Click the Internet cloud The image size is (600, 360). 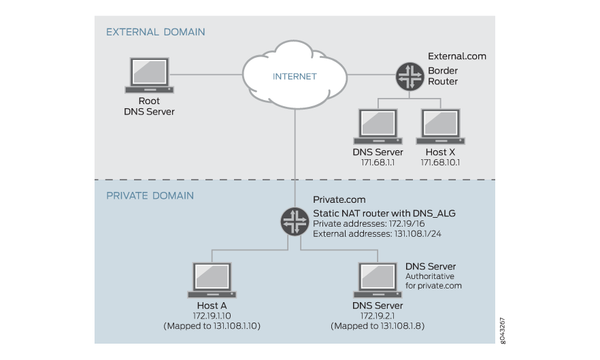295,76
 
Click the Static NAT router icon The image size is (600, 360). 295,222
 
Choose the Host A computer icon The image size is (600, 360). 212,280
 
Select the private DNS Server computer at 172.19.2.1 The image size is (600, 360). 377,280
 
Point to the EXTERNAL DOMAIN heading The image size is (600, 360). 155,32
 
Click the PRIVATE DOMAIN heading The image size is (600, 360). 150,196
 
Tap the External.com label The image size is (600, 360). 456,56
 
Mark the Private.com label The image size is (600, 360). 339,200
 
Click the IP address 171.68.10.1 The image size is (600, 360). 441,163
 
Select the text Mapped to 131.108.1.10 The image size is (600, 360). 212,327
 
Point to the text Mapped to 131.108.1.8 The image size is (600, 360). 378,327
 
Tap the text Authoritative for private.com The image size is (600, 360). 433,281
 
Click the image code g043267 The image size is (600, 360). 502,328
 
